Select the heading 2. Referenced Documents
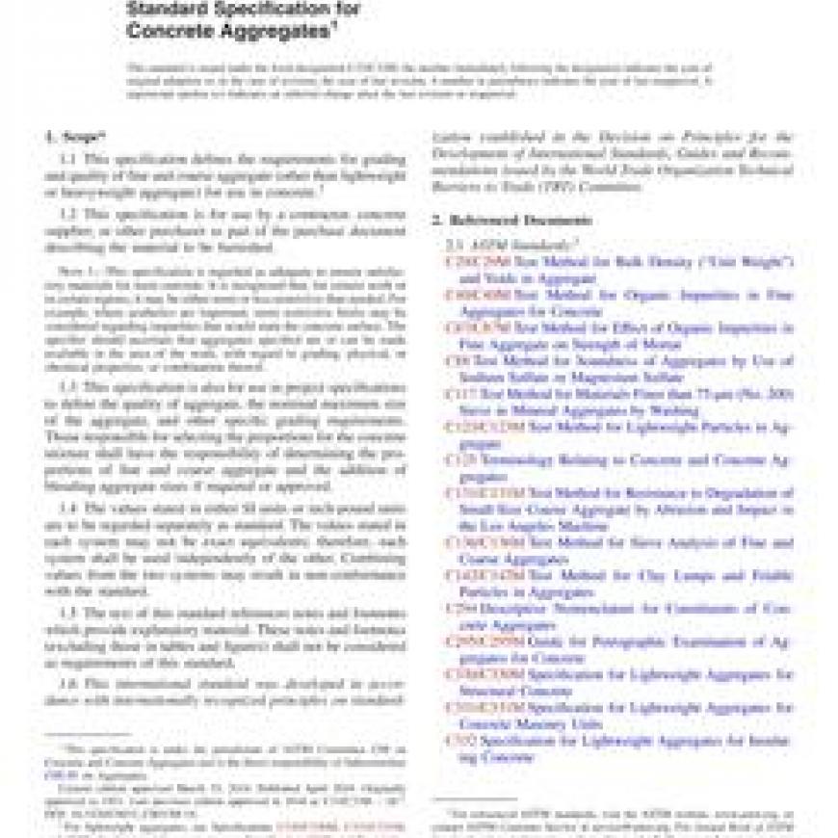coord(510,221)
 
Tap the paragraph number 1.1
coord(68,159)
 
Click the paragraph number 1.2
coord(68,213)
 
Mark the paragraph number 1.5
coord(68,613)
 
